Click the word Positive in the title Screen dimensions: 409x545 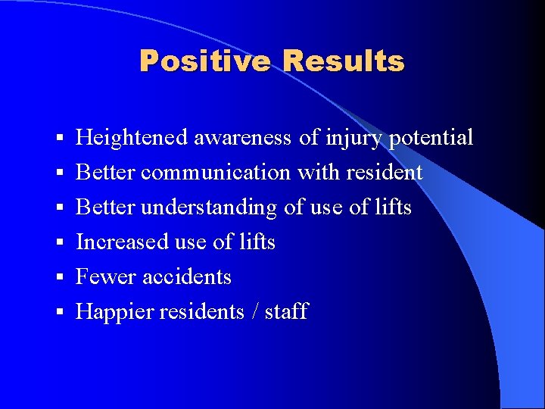204,61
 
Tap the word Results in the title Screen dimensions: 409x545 344,61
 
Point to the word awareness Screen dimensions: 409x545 242,138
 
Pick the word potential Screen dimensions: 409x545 431,139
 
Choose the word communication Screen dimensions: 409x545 216,173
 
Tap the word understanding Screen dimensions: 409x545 208,208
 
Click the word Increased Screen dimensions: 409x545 122,242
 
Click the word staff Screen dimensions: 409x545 286,312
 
